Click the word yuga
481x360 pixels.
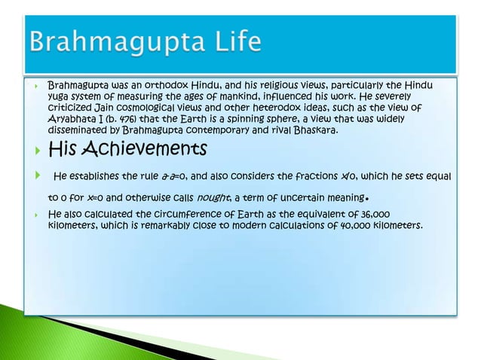pos(60,97)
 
